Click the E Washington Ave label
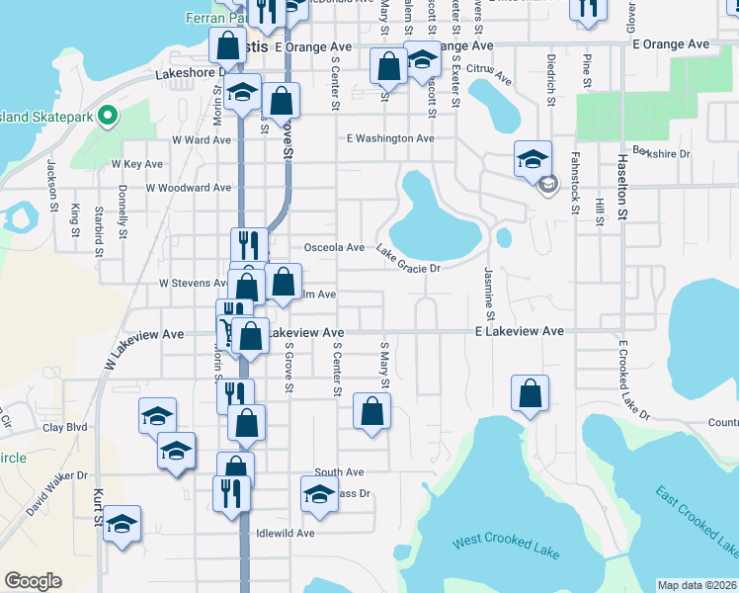pos(390,138)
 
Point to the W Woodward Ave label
pos(188,187)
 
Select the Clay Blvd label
pos(65,428)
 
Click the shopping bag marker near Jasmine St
pos(531,393)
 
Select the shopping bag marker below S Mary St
pos(371,411)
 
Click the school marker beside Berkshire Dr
pos(532,158)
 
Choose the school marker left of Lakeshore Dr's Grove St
pos(242,93)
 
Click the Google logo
pos(33,581)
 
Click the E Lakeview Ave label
pos(519,331)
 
